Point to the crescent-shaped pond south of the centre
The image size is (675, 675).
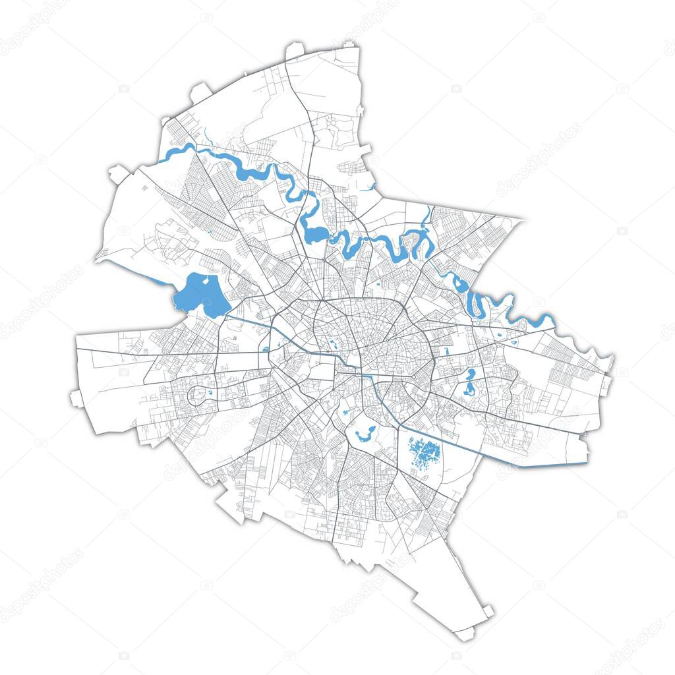[365, 434]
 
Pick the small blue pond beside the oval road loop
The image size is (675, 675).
[210, 393]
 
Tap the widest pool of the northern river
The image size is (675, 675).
[314, 234]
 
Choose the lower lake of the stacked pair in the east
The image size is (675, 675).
[469, 389]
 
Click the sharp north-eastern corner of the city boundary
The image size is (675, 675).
[524, 220]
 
